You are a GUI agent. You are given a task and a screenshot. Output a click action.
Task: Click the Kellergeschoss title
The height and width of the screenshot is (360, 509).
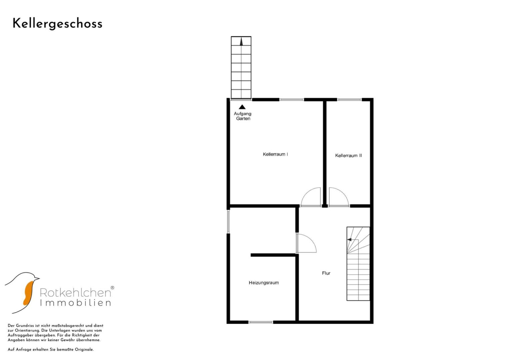[x=57, y=24]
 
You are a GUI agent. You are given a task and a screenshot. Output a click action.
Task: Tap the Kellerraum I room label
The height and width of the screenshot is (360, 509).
[x=275, y=154]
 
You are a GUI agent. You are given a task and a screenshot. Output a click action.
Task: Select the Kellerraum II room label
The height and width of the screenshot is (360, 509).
[x=348, y=156]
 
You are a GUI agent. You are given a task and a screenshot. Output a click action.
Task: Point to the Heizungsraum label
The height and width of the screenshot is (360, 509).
[x=264, y=283]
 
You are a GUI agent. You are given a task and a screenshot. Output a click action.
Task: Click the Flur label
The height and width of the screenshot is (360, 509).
[x=326, y=273]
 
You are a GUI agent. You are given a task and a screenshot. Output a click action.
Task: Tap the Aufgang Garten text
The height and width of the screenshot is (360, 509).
[x=243, y=116]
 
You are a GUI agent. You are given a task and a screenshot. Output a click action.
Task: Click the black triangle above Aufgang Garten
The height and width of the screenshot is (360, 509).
[x=242, y=107]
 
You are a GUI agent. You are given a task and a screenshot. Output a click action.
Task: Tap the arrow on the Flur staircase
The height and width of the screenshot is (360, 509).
[x=349, y=240]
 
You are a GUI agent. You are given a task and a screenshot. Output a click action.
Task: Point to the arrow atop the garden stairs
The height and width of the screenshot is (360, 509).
[x=241, y=42]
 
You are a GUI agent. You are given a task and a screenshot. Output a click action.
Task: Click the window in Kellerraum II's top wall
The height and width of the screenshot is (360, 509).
[x=349, y=100]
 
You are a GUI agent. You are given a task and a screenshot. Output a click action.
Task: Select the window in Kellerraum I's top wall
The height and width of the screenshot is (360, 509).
[x=292, y=100]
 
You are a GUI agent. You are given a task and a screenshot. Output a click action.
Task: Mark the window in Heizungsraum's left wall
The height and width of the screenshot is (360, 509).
[x=228, y=222]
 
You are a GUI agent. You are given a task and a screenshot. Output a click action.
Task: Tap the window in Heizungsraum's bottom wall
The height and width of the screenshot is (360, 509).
[x=261, y=322]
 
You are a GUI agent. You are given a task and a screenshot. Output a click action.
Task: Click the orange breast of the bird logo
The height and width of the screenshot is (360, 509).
[x=28, y=293]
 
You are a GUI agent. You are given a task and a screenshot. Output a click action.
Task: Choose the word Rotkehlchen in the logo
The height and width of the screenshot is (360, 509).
[x=75, y=293]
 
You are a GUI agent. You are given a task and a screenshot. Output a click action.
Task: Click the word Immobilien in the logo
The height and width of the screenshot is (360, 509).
[x=75, y=303]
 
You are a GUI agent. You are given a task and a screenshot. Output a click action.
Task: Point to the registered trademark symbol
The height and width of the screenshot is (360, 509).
[x=112, y=288]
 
